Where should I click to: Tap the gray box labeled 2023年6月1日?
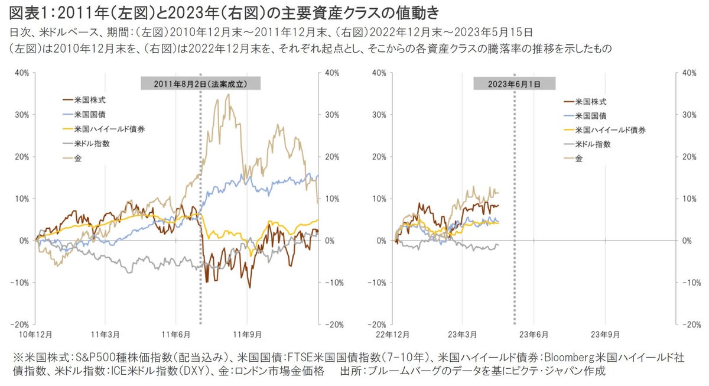point(514,84)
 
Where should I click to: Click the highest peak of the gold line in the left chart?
point(228,94)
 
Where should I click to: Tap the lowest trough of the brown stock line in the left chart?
point(250,288)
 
